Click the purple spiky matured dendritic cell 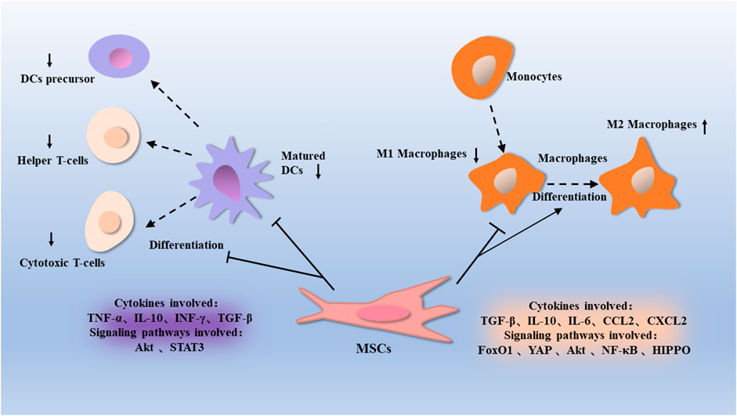[230, 177]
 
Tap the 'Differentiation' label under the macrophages [569, 196]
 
